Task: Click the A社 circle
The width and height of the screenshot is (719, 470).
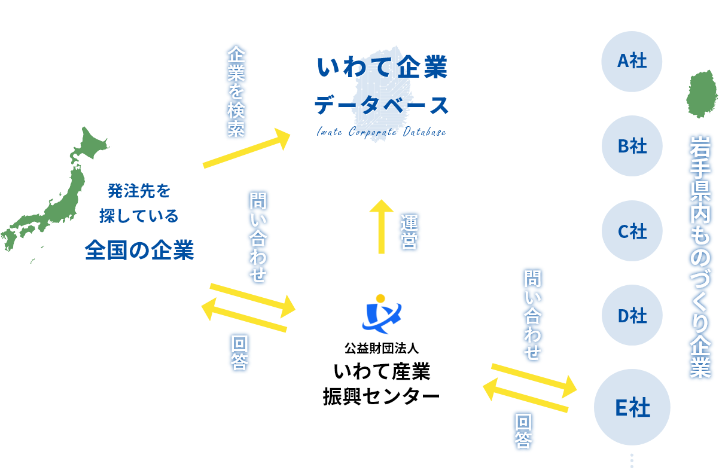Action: (x=632, y=61)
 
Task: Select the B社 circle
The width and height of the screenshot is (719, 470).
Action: (x=632, y=146)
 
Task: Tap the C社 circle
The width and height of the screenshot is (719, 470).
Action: (x=632, y=231)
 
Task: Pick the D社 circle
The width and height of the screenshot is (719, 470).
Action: (x=632, y=316)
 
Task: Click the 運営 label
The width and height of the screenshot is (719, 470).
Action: (x=409, y=231)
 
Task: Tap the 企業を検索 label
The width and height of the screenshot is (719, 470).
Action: (x=236, y=91)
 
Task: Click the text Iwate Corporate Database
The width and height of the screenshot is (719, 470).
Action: (x=381, y=132)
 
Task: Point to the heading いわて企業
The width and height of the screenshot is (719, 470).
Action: (x=382, y=68)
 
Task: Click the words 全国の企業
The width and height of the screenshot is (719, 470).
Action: (x=139, y=250)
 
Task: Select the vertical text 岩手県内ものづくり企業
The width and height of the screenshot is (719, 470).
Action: (x=699, y=257)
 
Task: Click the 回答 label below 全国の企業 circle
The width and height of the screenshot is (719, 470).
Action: (x=240, y=353)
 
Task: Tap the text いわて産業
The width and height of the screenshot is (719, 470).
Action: (x=382, y=372)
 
